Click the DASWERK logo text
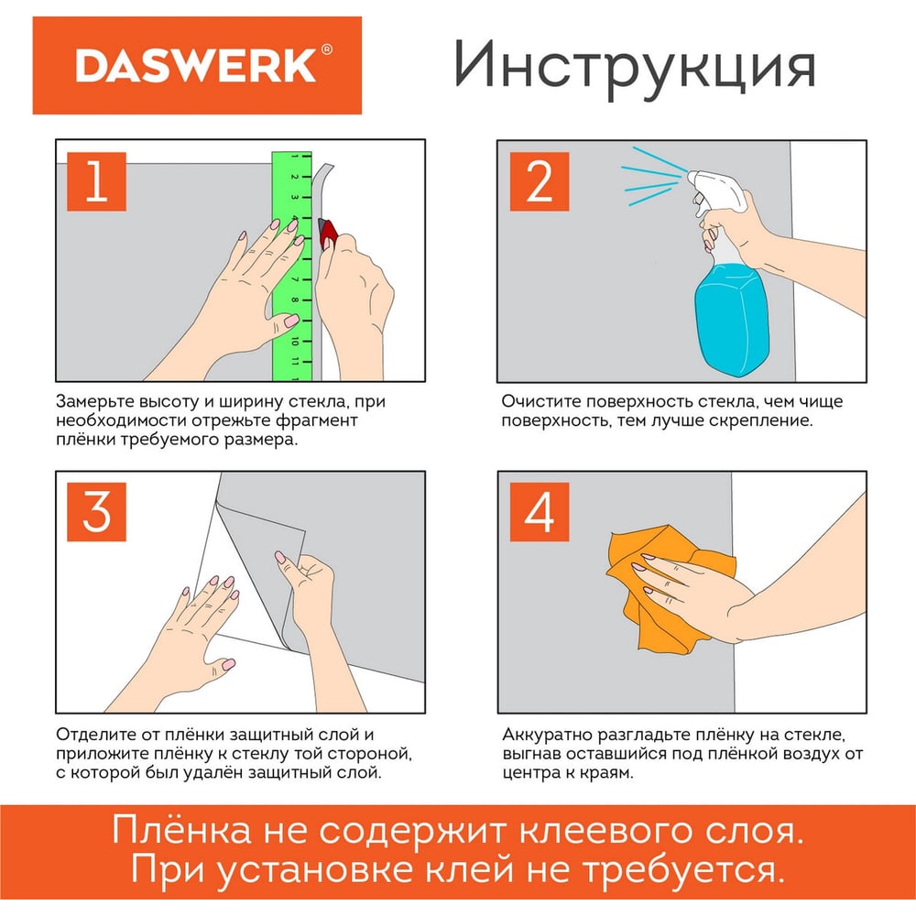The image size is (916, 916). coord(196,65)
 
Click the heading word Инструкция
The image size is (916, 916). coord(635,66)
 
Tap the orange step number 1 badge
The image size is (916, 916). coord(96,181)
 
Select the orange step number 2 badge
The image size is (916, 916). coord(540,181)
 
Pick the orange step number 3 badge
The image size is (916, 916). coord(96,512)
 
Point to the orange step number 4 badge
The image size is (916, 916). coord(540,512)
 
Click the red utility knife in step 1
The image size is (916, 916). coord(328,232)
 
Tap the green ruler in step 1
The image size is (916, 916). coord(291,267)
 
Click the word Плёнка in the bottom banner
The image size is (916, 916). coord(182,830)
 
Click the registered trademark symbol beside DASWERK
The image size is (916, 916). coord(327,49)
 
